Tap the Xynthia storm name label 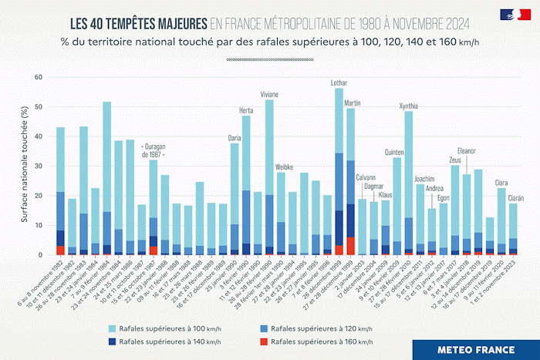409,106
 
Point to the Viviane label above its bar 269,94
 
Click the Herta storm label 246,109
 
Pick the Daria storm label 235,137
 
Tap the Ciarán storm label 515,197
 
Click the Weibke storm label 284,167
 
